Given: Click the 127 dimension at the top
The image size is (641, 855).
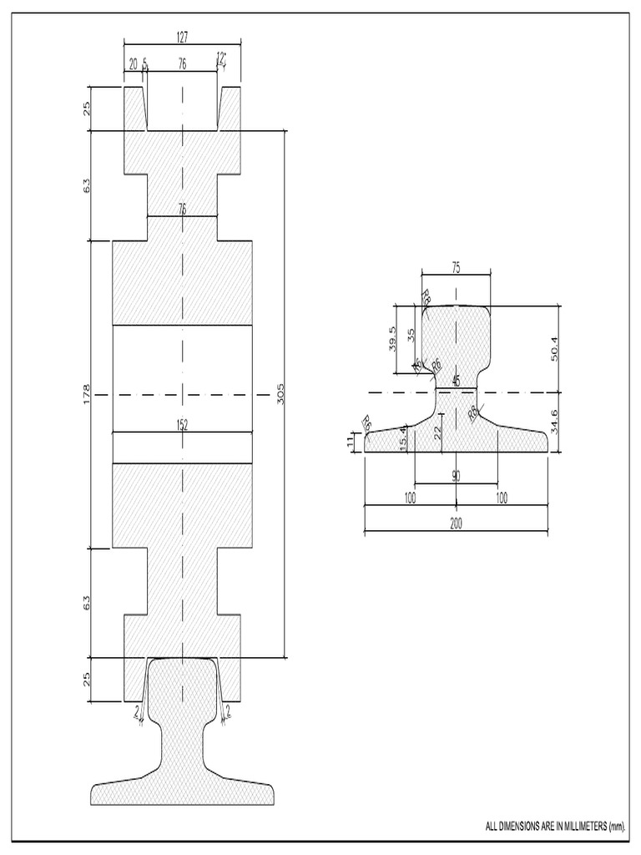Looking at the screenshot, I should coord(182,36).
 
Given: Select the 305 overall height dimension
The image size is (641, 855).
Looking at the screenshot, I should coord(280,392).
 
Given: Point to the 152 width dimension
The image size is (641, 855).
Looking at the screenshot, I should coord(182,425).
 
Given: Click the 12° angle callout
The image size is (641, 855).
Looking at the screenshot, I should coord(220,58).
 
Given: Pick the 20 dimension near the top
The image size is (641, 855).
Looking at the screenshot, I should coord(133,63).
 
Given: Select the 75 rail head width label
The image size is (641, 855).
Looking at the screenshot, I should coord(456,267).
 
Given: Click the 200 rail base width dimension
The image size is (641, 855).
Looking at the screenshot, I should coord(456,524).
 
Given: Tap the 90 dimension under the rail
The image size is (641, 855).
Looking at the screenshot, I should coord(456,476).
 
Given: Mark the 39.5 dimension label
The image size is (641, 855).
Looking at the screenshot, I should coord(393,339).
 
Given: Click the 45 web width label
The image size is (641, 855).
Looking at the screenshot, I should coord(456,381).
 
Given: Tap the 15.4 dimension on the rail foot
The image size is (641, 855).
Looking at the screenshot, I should coord(403,437).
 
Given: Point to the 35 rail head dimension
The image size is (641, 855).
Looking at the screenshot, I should coord(411,336).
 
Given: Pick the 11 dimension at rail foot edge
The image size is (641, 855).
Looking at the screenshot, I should coord(351,442).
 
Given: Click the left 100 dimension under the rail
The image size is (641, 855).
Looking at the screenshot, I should coord(410,498).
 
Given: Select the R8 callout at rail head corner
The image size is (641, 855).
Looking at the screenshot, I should coord(425,296).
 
